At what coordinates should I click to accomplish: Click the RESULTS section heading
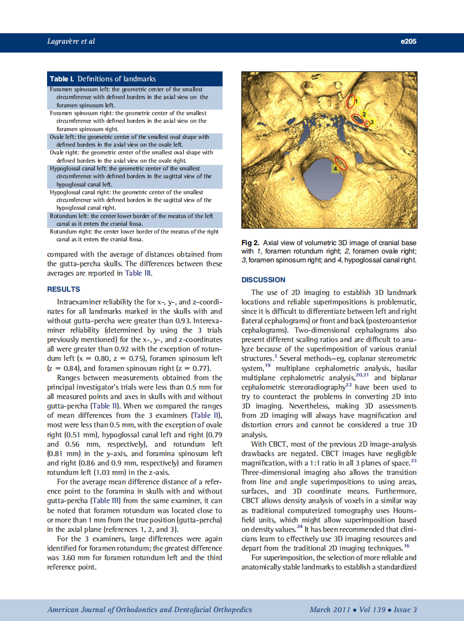pos(64,289)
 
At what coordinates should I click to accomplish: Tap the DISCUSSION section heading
pos(264,280)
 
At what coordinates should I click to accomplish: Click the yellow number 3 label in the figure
pos(372,122)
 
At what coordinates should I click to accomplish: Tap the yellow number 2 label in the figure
pos(364,113)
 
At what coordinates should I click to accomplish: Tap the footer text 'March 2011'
pos(330,609)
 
